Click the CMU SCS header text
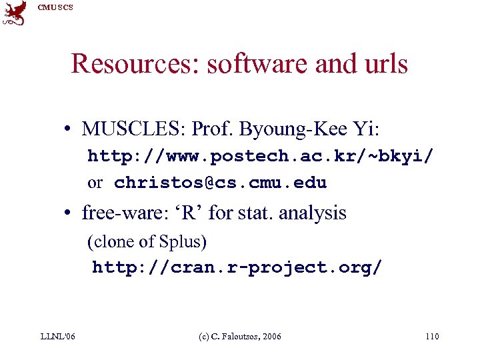click(55, 7)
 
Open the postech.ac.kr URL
click(261, 157)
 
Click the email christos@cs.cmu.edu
click(220, 183)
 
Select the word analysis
click(313, 213)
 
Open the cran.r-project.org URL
click(237, 268)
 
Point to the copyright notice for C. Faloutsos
click(241, 337)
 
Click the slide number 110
click(431, 337)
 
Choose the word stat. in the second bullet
click(255, 213)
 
